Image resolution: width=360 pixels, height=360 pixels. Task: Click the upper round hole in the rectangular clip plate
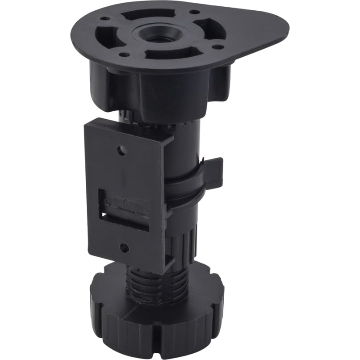[121, 150]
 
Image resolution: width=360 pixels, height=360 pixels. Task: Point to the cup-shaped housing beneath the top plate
[147, 87]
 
